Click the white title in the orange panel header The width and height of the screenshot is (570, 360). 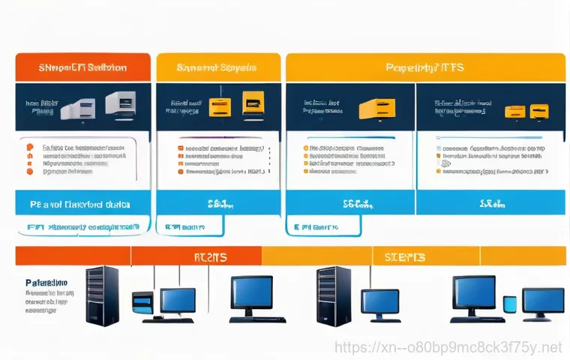tap(82, 67)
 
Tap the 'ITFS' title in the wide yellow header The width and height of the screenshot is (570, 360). tap(424, 68)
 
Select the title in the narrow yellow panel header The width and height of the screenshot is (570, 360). tap(217, 68)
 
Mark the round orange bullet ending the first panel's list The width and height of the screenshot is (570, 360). tap(30, 171)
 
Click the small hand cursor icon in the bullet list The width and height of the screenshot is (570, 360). tap(445, 161)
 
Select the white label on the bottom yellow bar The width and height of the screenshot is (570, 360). tap(405, 257)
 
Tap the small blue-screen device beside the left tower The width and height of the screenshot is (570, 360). tap(142, 304)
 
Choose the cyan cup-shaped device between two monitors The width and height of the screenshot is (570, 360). tap(510, 304)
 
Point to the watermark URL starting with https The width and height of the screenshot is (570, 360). tap(447, 347)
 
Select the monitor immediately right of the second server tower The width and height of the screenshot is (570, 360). tap(380, 302)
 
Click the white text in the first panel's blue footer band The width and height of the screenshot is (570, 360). tap(80, 203)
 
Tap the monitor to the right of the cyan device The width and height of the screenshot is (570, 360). tap(543, 302)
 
